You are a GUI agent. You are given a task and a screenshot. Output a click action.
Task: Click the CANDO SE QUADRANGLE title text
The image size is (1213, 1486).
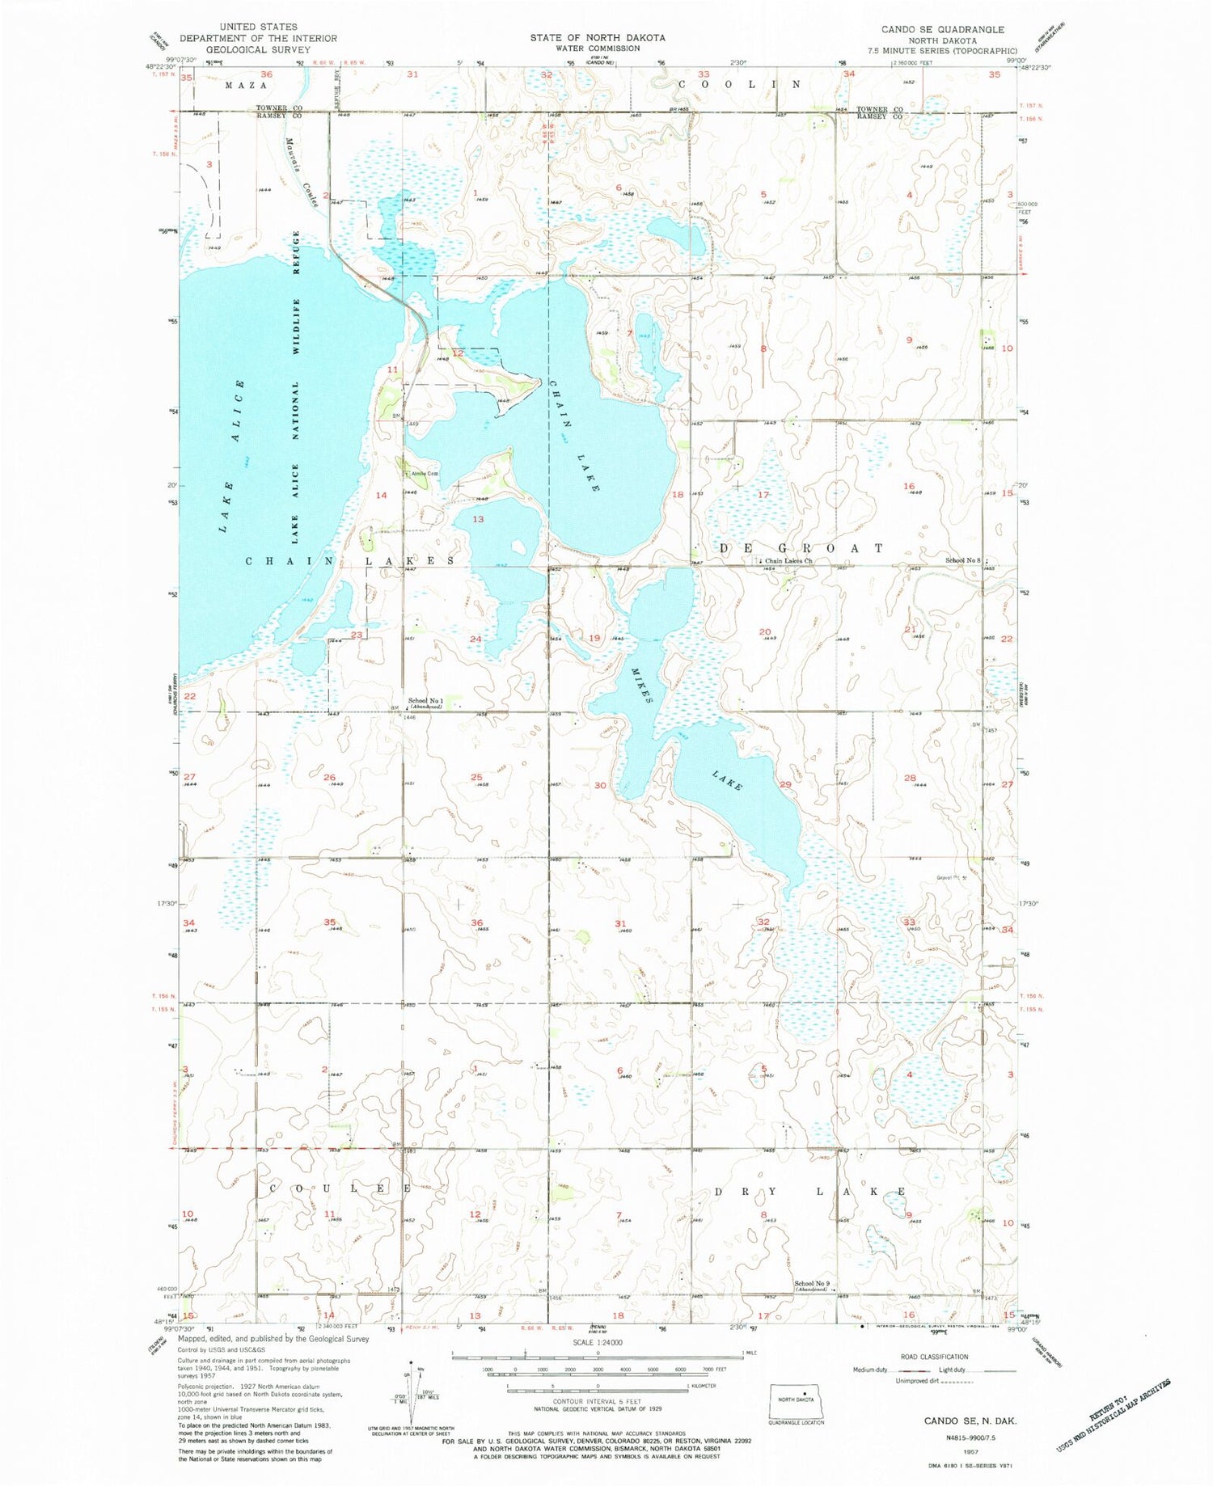tap(942, 29)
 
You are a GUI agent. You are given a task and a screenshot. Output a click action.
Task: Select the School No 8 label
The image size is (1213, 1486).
tap(962, 560)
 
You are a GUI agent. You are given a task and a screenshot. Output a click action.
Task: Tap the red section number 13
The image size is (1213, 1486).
tap(478, 519)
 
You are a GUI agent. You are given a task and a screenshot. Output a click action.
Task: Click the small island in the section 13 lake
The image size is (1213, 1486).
tap(518, 547)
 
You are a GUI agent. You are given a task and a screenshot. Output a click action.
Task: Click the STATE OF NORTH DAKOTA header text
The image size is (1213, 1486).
tap(598, 37)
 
